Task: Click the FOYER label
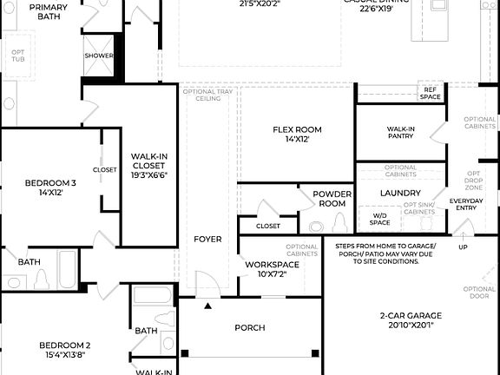click(207, 239)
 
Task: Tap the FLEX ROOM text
click(297, 129)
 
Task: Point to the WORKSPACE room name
click(272, 264)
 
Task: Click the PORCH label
click(250, 327)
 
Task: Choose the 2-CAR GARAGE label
click(411, 316)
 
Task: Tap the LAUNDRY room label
click(400, 193)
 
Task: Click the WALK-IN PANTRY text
click(400, 133)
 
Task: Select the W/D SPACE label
click(380, 218)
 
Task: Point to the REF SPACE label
click(430, 93)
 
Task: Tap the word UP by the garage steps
click(463, 247)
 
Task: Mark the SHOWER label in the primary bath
click(99, 56)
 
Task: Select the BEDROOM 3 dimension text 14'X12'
click(49, 192)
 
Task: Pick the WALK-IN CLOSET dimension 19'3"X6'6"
click(149, 174)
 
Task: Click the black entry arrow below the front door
click(207, 306)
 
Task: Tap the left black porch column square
click(184, 352)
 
